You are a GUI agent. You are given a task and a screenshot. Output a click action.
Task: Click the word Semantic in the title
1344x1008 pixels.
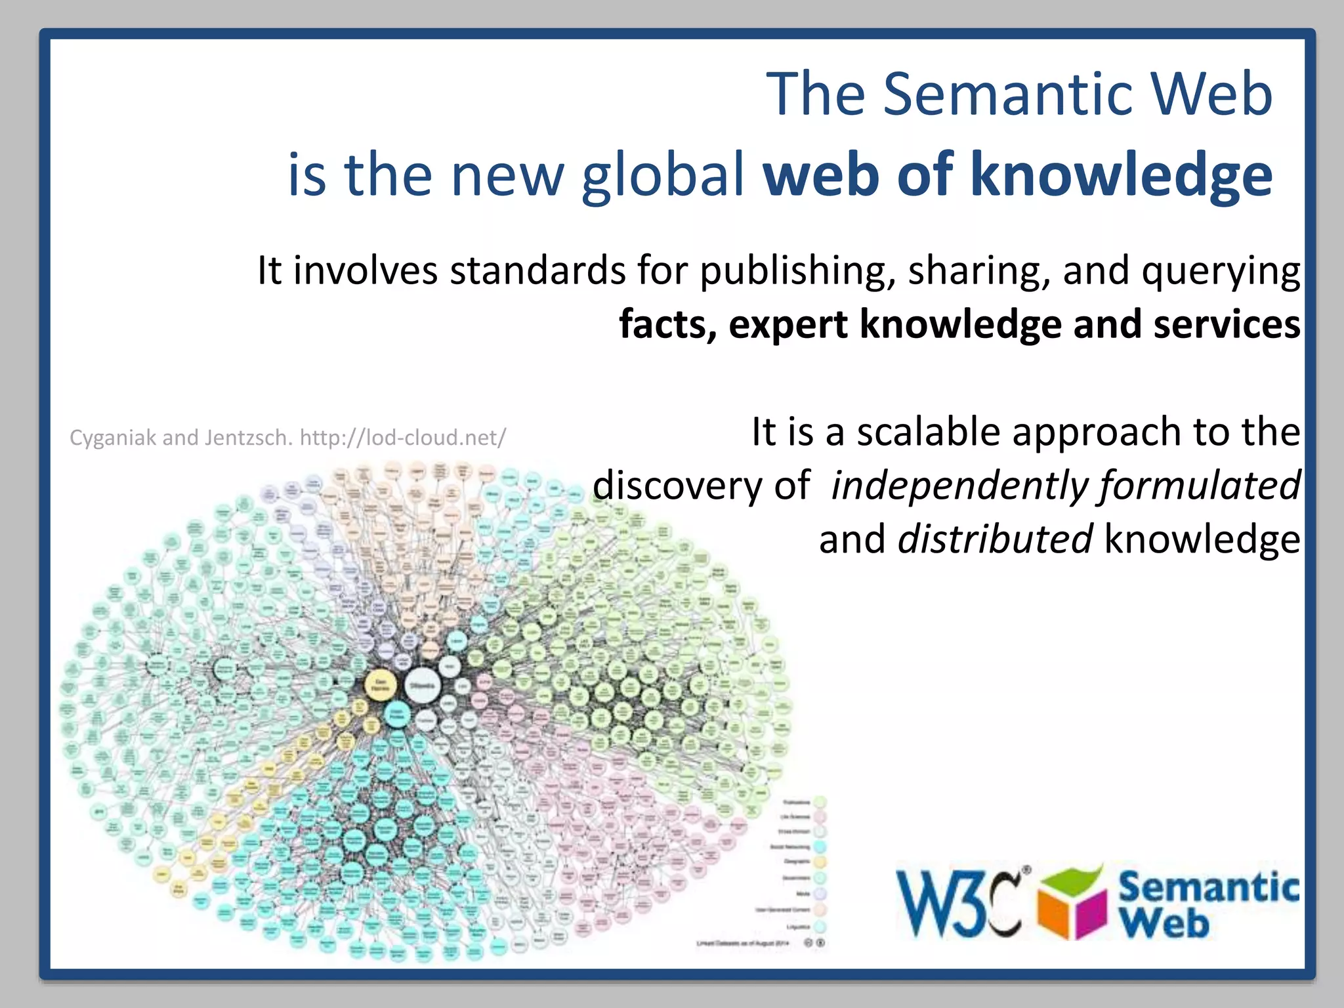click(1007, 95)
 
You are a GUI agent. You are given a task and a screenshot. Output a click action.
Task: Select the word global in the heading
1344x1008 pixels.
click(663, 175)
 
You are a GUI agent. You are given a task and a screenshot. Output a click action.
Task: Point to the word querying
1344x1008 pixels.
click(1221, 271)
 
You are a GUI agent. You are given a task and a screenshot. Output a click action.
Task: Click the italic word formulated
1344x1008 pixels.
click(1200, 486)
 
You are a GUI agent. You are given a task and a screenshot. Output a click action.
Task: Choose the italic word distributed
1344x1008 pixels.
click(994, 540)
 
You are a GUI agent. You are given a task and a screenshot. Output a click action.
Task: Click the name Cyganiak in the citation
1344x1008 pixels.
click(113, 438)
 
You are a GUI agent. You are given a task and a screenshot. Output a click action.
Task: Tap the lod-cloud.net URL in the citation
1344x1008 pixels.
click(402, 438)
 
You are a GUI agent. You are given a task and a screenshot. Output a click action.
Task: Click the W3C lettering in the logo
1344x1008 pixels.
click(959, 904)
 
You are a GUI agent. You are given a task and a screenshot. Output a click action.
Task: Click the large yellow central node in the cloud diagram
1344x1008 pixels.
click(381, 686)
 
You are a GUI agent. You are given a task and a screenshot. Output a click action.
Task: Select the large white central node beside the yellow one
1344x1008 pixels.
click(422, 685)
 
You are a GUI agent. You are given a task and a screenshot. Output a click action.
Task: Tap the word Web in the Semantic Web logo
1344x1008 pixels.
click(1163, 925)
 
